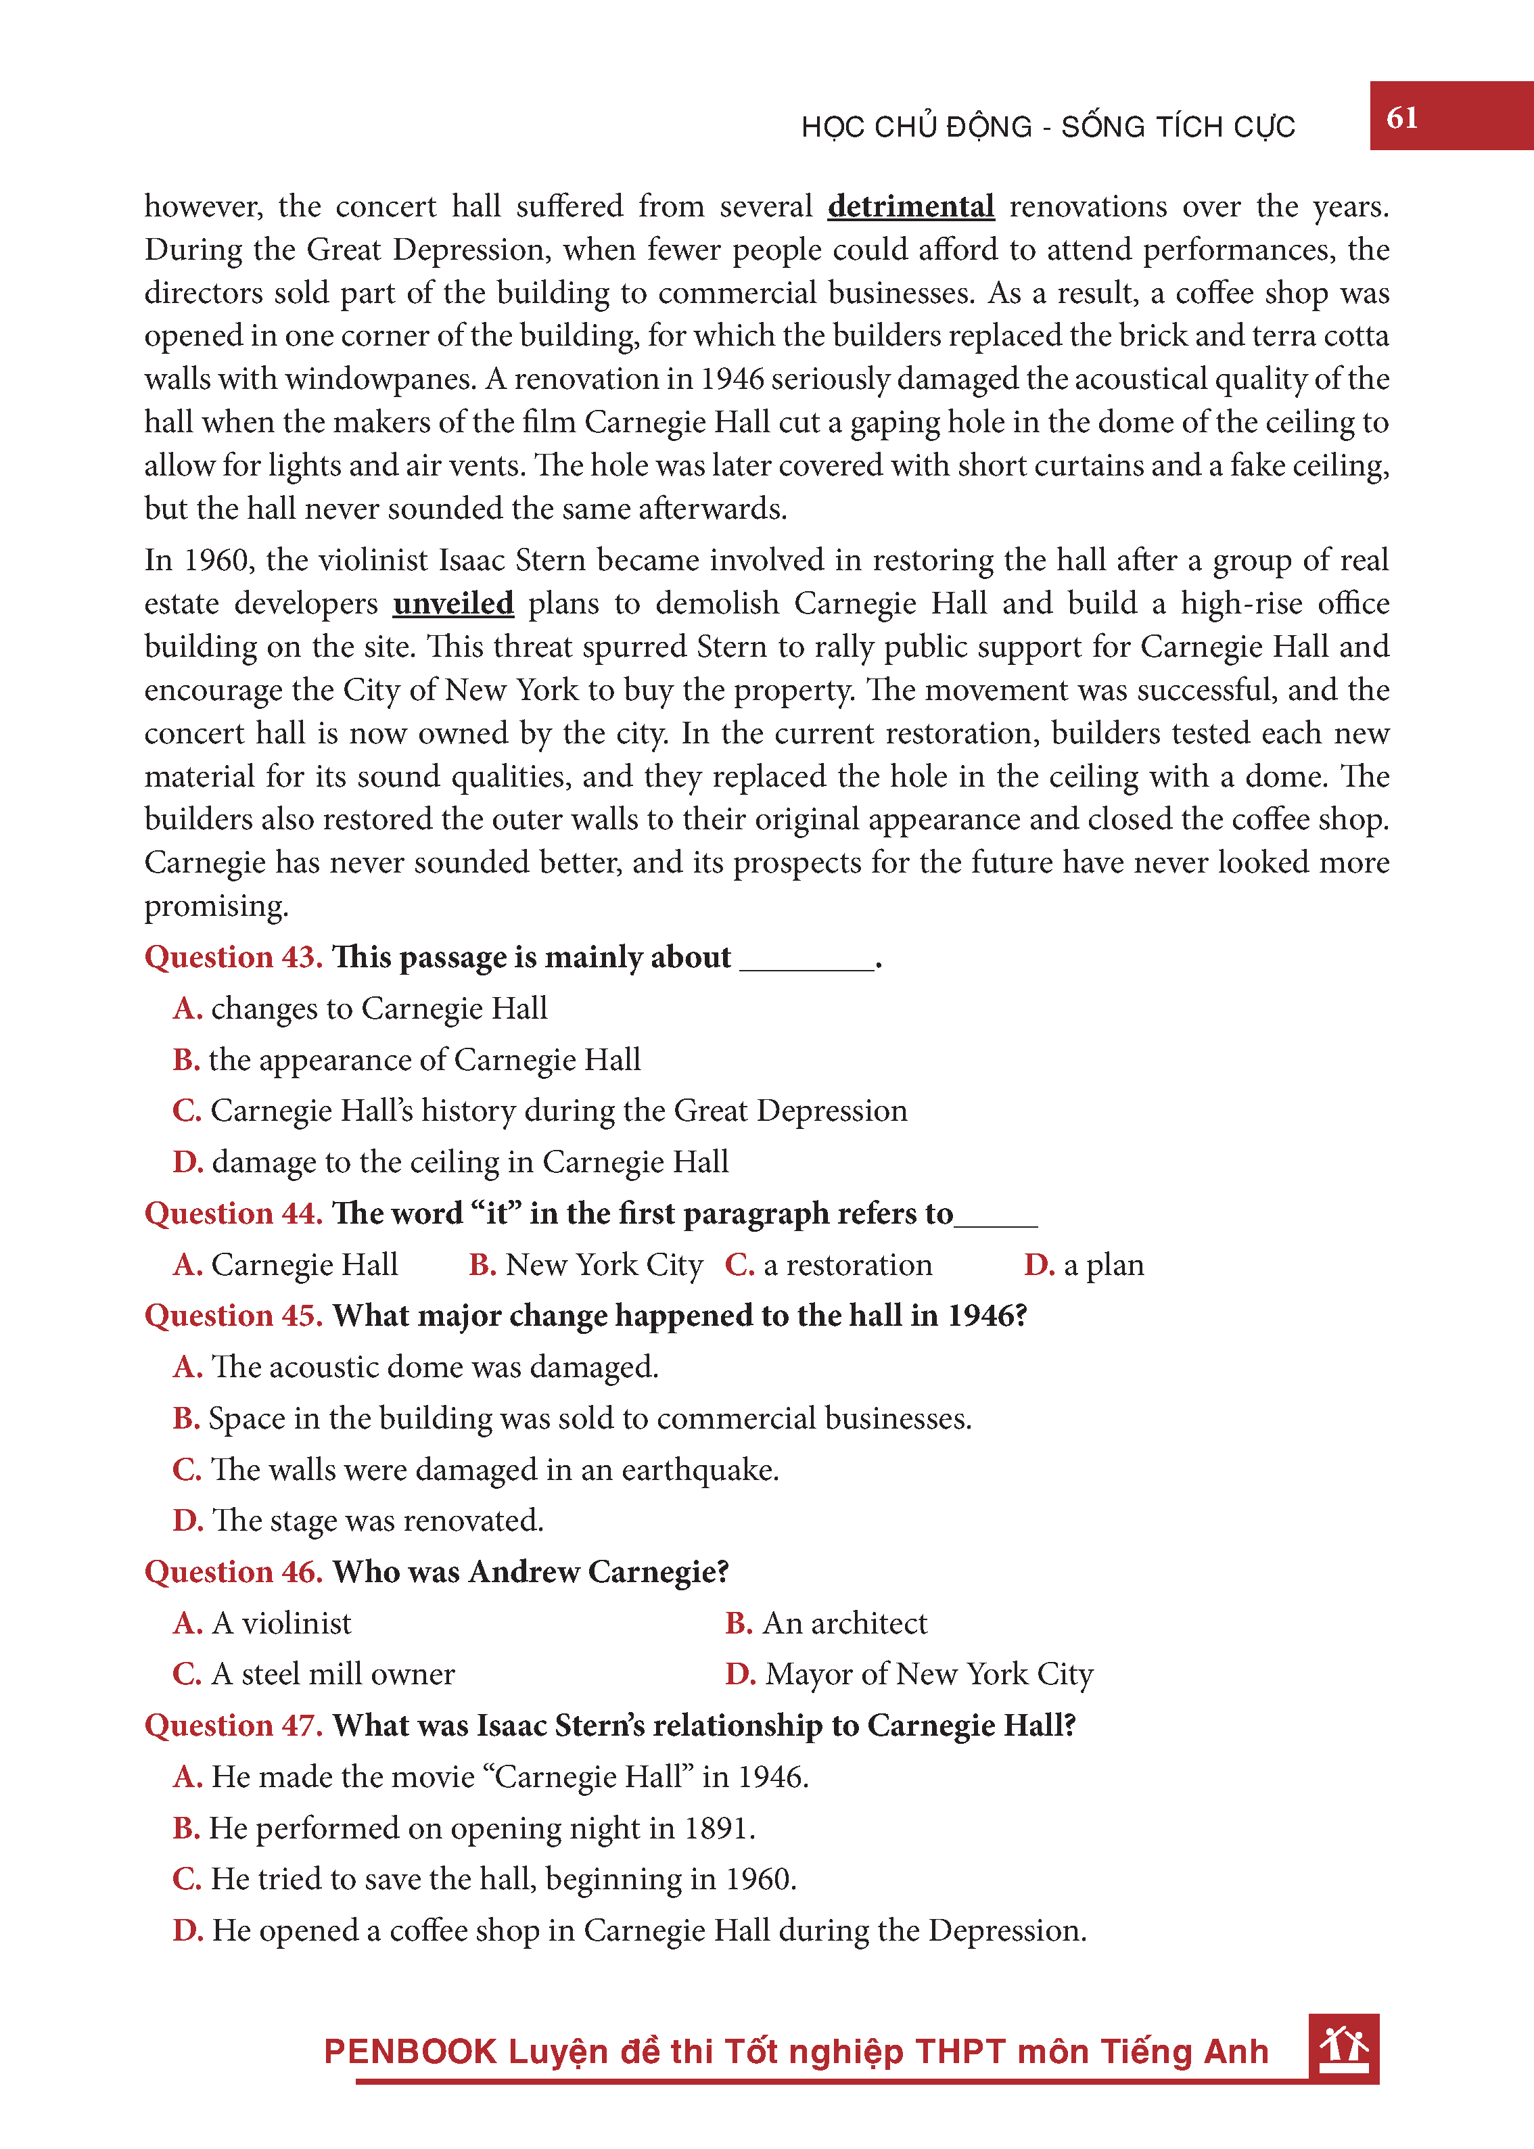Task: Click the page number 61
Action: pos(1401,118)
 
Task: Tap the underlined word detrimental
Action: pos(910,206)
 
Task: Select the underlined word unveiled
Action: pos(453,603)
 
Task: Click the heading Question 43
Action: pos(233,957)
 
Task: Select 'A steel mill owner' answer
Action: pos(315,1674)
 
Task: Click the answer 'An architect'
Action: pos(827,1623)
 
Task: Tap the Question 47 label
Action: pos(233,1726)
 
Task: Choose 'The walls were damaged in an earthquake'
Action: pos(476,1470)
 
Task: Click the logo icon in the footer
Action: pos(1343,2048)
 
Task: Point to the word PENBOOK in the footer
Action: pos(410,2052)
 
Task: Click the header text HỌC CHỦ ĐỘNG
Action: pos(916,126)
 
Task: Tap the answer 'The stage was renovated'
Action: pos(359,1521)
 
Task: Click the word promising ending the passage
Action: pos(216,906)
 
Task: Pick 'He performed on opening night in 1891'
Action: pos(465,1828)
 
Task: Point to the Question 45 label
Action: pos(233,1316)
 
